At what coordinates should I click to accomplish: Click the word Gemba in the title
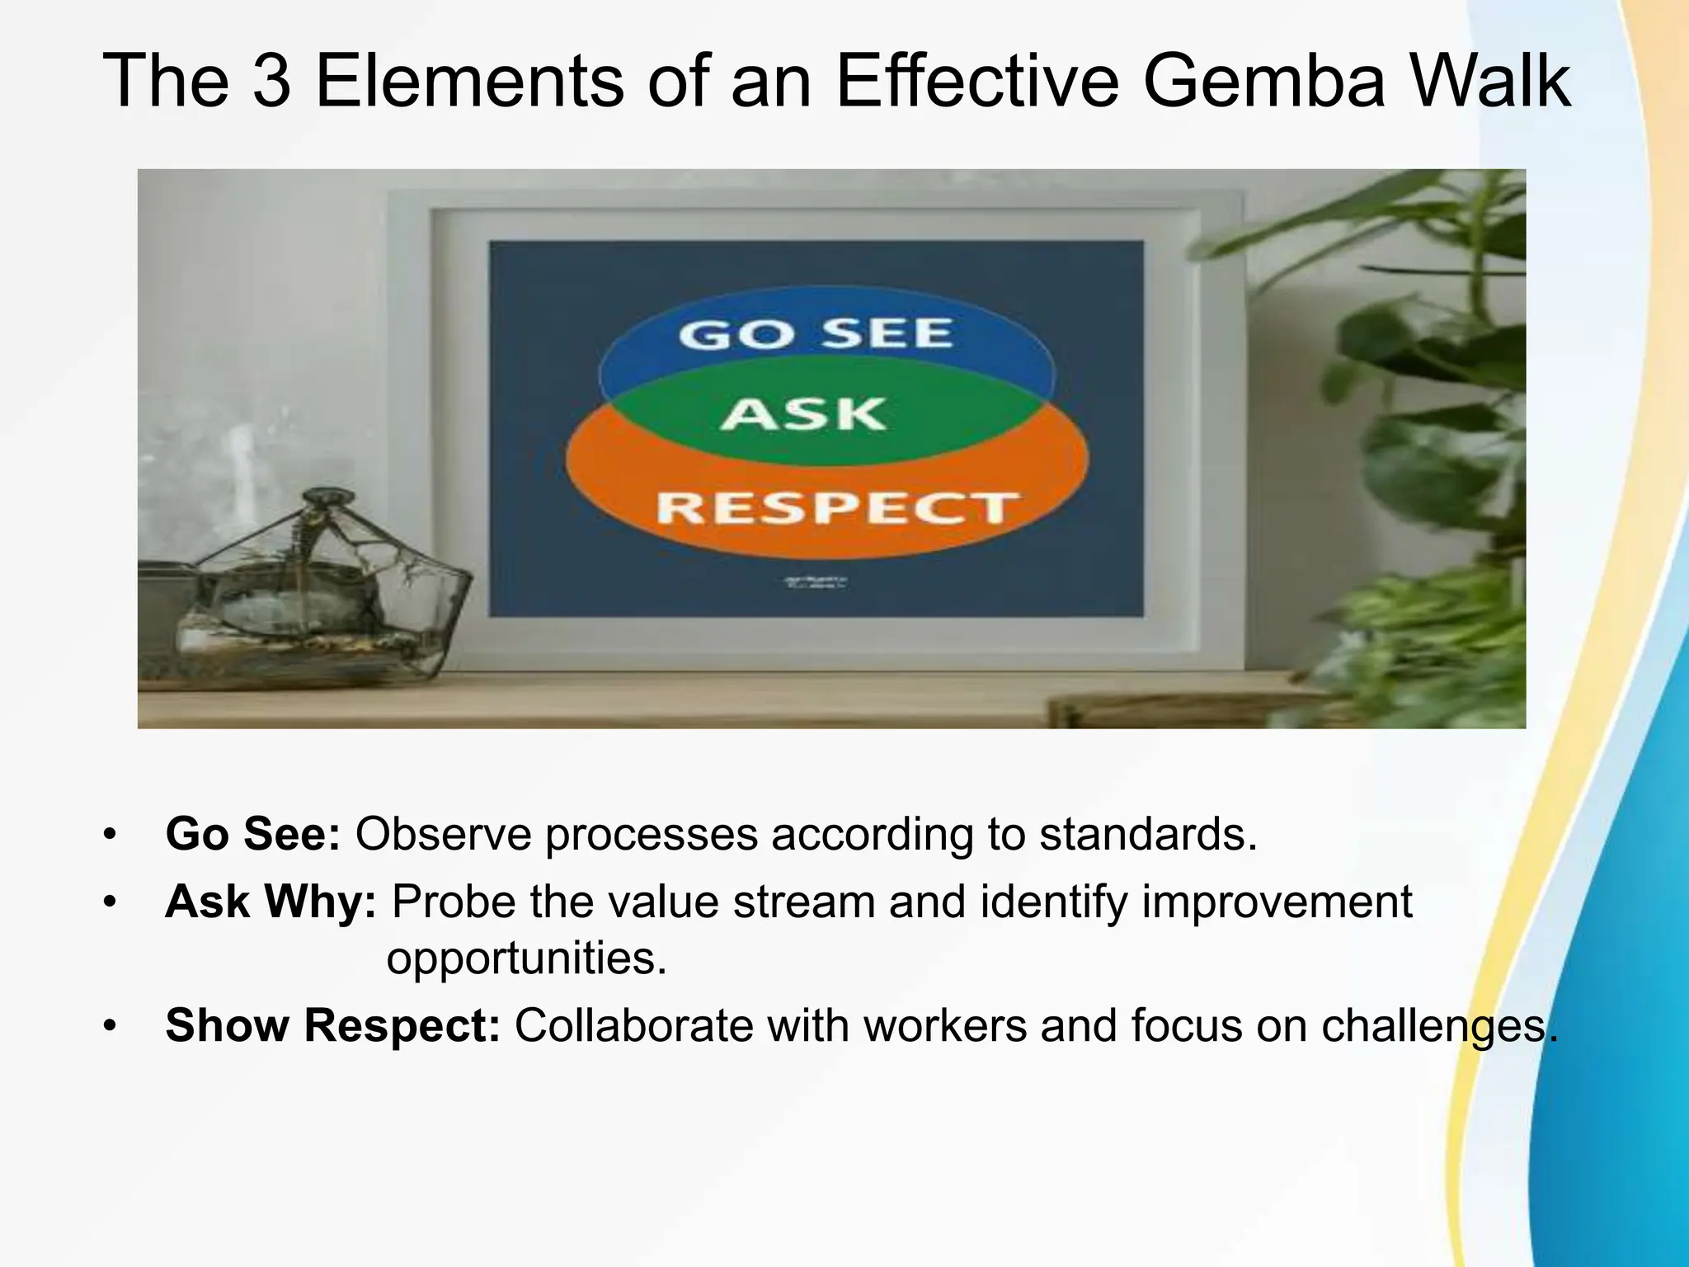[1265, 82]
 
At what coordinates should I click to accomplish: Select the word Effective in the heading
[976, 82]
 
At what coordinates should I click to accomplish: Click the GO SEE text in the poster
[815, 334]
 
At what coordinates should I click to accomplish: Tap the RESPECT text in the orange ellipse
[837, 506]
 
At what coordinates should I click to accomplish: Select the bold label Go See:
[252, 835]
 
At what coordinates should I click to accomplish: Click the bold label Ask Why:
[271, 902]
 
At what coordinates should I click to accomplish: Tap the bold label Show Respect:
[332, 1025]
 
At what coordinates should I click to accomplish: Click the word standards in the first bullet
[1147, 835]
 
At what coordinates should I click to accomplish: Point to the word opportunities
[526, 958]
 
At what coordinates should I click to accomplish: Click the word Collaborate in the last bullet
[633, 1025]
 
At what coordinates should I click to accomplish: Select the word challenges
[1439, 1025]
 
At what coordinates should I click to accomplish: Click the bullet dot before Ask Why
[110, 902]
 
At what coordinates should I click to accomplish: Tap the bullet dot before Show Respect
[110, 1025]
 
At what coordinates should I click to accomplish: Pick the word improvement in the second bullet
[1277, 902]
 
